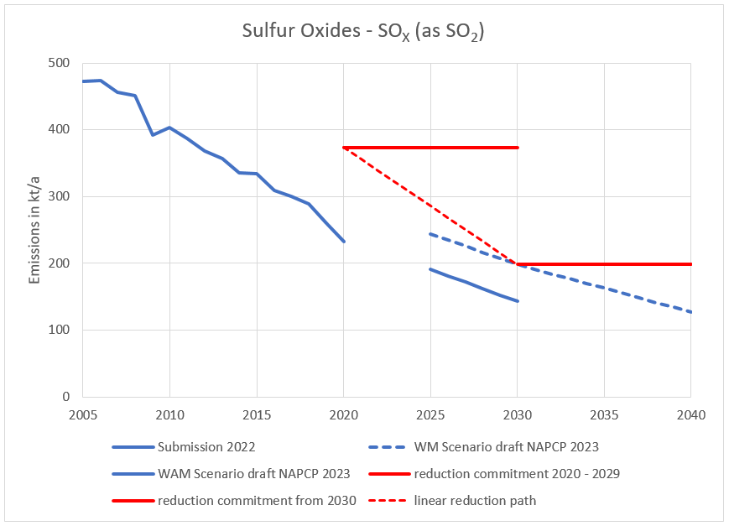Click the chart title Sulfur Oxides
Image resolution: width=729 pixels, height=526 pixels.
pyautogui.click(x=364, y=33)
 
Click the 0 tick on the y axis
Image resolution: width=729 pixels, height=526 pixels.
pyautogui.click(x=65, y=397)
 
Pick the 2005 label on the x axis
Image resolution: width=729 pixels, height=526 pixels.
pyautogui.click(x=82, y=414)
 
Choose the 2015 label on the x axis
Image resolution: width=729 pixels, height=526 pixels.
pyautogui.click(x=257, y=414)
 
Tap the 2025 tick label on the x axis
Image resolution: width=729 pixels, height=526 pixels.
pyautogui.click(x=430, y=414)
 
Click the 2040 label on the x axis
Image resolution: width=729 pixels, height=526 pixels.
pyautogui.click(x=690, y=414)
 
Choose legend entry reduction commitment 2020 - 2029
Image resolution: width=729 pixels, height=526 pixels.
pyautogui.click(x=517, y=474)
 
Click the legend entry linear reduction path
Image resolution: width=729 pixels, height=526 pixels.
pyautogui.click(x=475, y=501)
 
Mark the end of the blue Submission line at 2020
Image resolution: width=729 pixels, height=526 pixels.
pyautogui.click(x=344, y=242)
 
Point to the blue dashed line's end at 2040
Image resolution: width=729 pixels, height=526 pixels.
pyautogui.click(x=690, y=312)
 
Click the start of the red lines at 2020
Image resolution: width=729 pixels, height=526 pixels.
pyautogui.click(x=344, y=148)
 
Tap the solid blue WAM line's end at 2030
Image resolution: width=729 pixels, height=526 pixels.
pyautogui.click(x=518, y=301)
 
